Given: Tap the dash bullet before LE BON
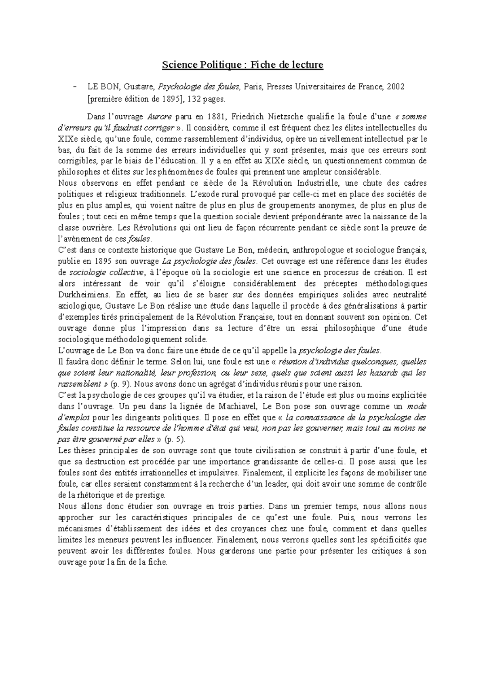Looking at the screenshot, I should click(x=75, y=87).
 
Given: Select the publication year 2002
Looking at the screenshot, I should click(x=396, y=87).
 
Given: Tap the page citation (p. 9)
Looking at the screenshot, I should click(x=120, y=384).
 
